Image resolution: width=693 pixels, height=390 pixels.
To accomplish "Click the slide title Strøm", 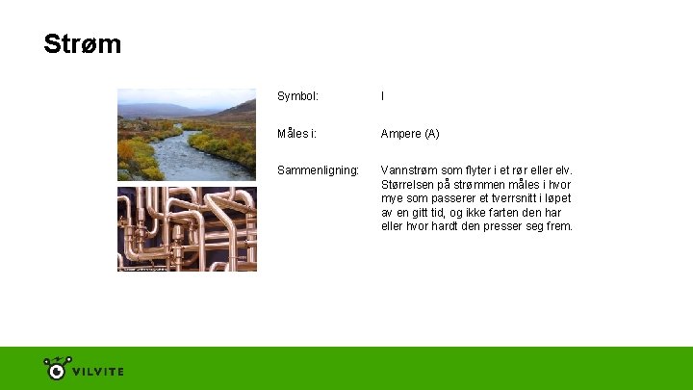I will (x=82, y=44).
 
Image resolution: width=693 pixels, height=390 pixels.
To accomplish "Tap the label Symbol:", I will (x=297, y=96).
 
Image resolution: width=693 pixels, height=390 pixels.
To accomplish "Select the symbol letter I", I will (x=382, y=96).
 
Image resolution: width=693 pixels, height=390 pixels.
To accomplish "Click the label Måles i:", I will (x=296, y=133).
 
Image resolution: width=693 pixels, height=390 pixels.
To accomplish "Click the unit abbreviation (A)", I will (x=431, y=133).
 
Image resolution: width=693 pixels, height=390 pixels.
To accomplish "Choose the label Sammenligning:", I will (x=318, y=170).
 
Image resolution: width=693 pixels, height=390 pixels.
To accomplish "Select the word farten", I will (x=506, y=212).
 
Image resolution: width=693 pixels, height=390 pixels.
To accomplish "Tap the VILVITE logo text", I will (x=99, y=371).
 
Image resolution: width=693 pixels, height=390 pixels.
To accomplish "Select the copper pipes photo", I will (x=187, y=229).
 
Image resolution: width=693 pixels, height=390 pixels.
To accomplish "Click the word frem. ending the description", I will (x=558, y=226).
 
